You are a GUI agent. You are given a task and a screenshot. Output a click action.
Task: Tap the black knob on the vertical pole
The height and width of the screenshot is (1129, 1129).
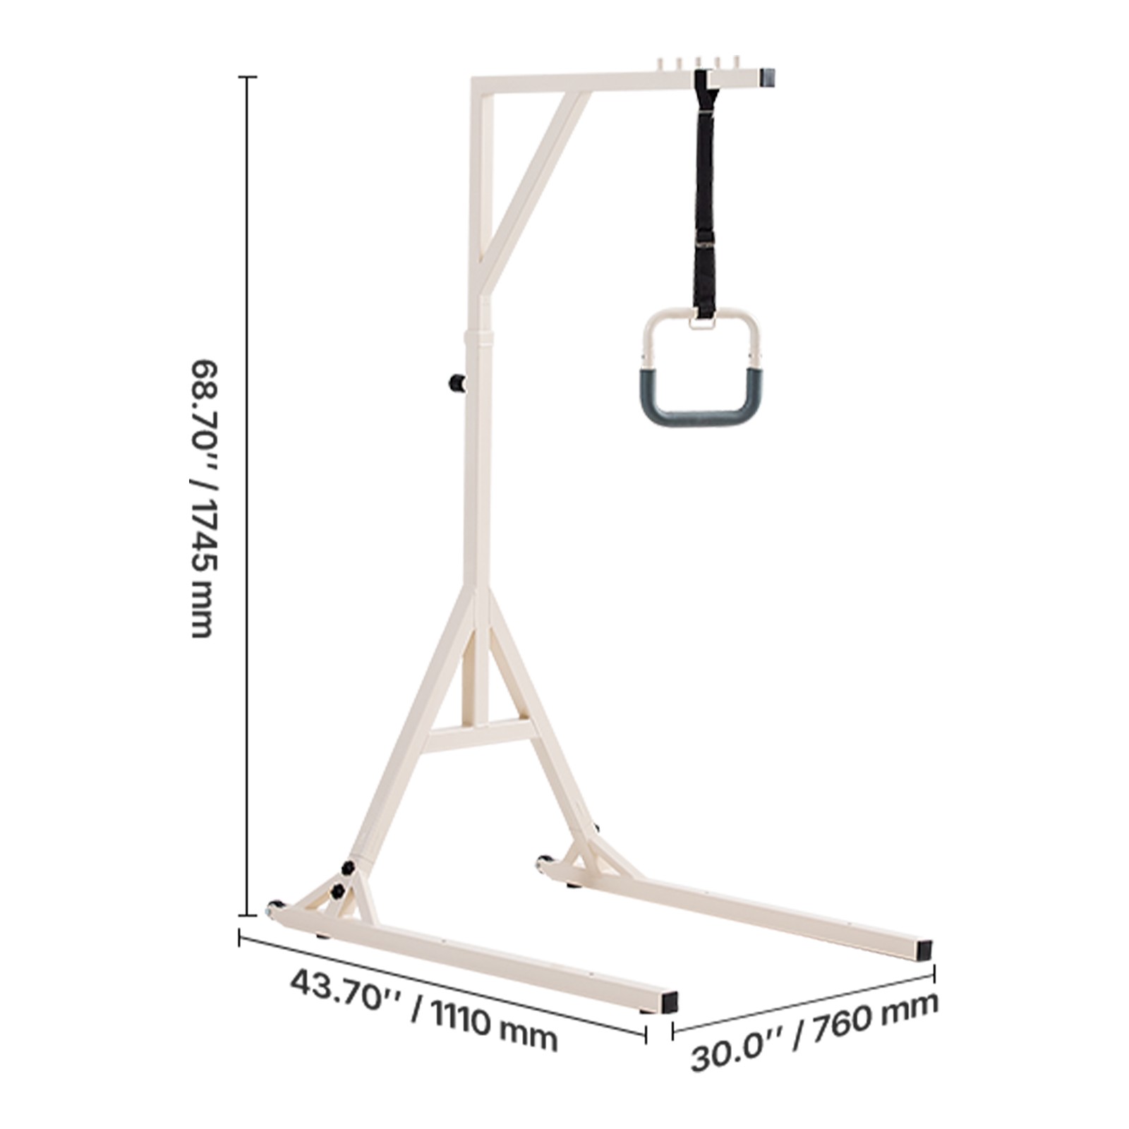pos(457,383)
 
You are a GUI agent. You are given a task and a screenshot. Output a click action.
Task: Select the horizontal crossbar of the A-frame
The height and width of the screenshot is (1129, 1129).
pos(480,736)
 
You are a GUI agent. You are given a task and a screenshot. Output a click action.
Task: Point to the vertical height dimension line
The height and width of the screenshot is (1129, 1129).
pos(247,494)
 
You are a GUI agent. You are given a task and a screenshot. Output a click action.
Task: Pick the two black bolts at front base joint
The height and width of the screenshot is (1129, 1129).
pos(342,879)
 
